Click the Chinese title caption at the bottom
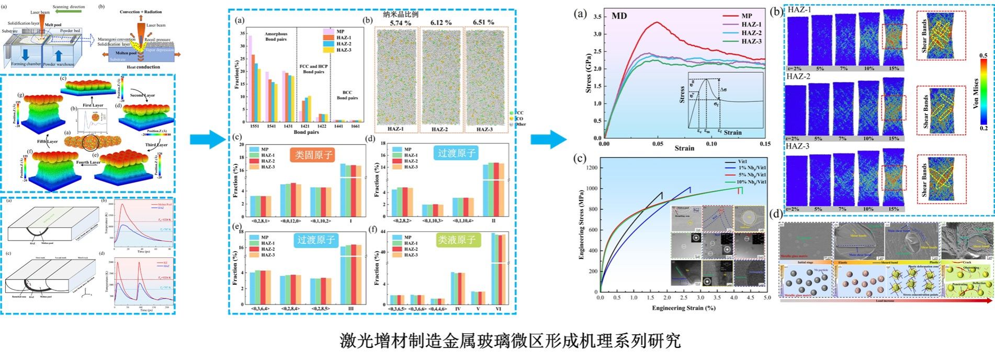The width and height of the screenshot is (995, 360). [510, 341]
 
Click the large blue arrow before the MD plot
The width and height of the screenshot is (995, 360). [548, 139]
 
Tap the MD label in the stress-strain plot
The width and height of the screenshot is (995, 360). [619, 16]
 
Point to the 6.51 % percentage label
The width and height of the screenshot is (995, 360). [483, 22]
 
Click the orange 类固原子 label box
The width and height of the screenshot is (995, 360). [313, 154]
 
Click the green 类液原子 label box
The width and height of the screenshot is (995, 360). [456, 240]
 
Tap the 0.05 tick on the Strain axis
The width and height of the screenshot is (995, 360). [658, 144]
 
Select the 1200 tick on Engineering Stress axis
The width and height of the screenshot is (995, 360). [589, 168]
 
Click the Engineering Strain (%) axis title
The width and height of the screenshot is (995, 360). [683, 308]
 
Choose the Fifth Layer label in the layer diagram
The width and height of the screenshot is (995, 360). [47, 141]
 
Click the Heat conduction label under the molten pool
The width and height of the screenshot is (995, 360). [140, 67]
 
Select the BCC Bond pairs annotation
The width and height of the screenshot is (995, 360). [347, 95]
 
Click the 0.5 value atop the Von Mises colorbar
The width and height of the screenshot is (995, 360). [983, 55]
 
